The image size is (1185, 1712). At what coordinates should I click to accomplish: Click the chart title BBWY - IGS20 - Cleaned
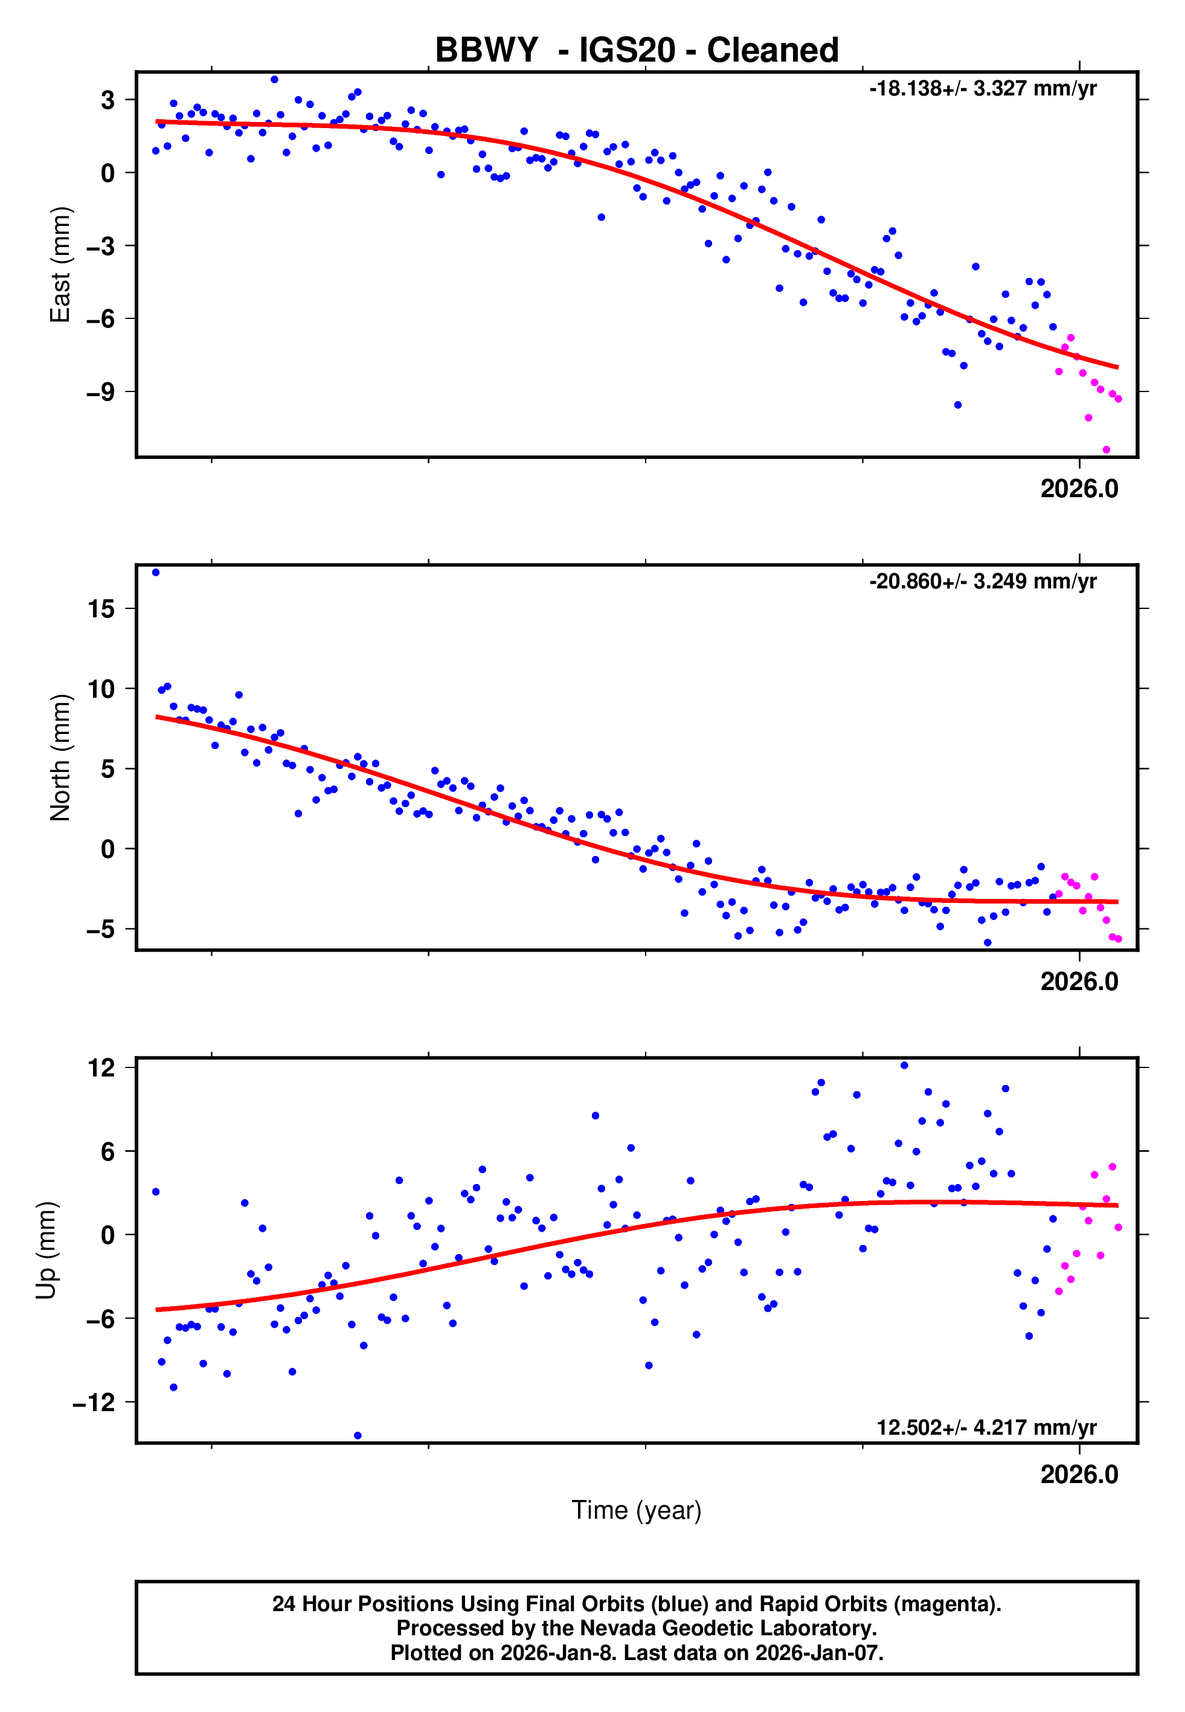click(x=637, y=51)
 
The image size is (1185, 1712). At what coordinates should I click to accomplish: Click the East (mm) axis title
click(x=60, y=265)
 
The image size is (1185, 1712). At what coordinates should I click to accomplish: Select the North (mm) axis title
click(x=60, y=758)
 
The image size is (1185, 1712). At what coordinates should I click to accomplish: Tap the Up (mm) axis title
click(x=46, y=1250)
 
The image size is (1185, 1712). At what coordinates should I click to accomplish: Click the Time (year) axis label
click(x=637, y=1510)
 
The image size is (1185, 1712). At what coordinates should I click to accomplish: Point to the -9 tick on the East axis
click(x=100, y=392)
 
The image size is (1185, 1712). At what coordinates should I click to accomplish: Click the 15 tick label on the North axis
click(x=101, y=610)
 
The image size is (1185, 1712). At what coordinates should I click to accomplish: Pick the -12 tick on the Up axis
click(x=94, y=1403)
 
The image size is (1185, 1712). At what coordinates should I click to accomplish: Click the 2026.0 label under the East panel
click(x=1079, y=489)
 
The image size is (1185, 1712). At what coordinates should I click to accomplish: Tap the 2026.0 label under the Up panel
click(x=1079, y=1475)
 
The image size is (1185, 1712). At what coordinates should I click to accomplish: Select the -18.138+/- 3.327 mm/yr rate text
click(x=982, y=89)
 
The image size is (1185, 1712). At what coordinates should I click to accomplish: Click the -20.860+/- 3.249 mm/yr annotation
click(x=982, y=581)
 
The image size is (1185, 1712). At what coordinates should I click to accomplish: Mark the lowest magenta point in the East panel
click(x=1106, y=450)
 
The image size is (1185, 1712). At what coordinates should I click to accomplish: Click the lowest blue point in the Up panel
click(x=358, y=1436)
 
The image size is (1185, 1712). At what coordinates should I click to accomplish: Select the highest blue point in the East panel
click(x=275, y=79)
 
